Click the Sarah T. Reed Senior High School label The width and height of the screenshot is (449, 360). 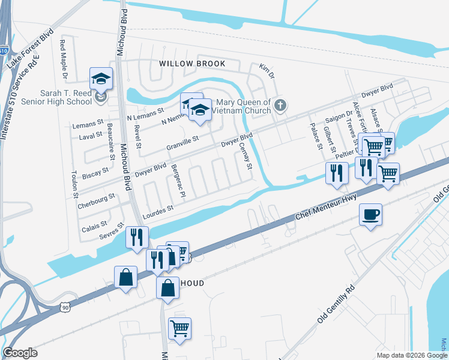coord(65,98)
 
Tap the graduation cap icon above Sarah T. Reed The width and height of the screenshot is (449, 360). coord(101,79)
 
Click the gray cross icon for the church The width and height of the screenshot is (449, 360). coord(279,106)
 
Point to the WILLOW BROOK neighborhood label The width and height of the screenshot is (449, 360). coord(192,64)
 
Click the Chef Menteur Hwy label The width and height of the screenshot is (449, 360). coord(328,206)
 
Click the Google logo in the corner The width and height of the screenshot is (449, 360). coord(20,353)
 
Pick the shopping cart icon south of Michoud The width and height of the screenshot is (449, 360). coord(179,329)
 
